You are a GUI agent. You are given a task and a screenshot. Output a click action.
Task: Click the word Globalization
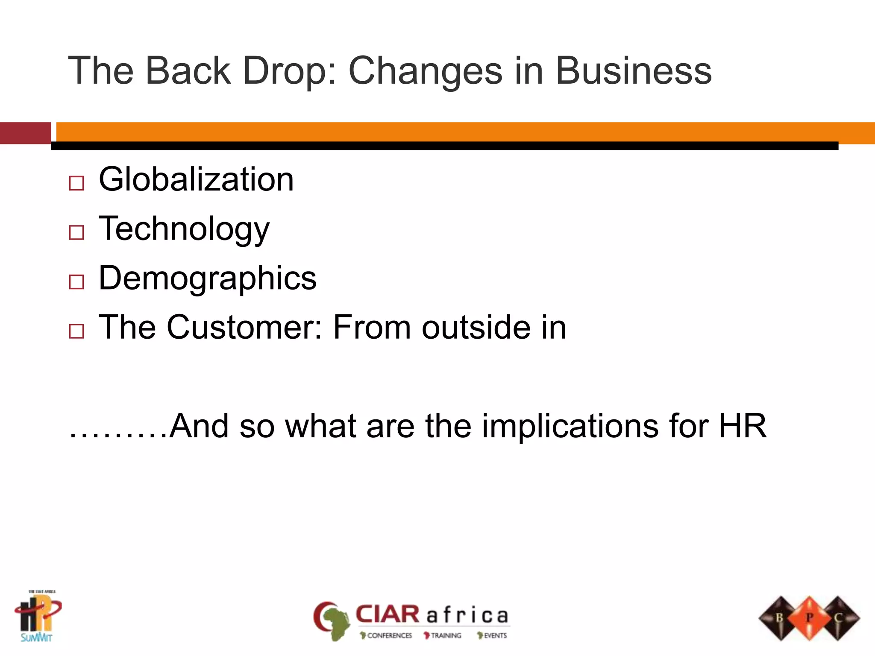pyautogui.click(x=196, y=179)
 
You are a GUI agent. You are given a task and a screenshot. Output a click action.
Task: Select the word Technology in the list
pyautogui.click(x=184, y=229)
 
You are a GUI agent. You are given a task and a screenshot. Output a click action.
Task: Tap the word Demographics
pyautogui.click(x=208, y=278)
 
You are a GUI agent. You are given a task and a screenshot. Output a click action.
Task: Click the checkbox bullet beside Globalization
pyautogui.click(x=76, y=183)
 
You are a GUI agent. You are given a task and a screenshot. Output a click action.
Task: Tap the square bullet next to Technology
pyautogui.click(x=76, y=233)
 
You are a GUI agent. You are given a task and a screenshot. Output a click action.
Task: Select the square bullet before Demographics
pyautogui.click(x=76, y=282)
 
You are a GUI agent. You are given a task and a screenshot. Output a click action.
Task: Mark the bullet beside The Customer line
pyautogui.click(x=76, y=331)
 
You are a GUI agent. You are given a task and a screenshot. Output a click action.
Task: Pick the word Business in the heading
pyautogui.click(x=634, y=71)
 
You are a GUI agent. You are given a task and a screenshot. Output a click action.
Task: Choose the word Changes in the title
pyautogui.click(x=426, y=71)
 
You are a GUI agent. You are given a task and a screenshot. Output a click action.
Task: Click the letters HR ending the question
pyautogui.click(x=743, y=426)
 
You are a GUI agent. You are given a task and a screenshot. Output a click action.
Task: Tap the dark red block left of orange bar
pyautogui.click(x=25, y=133)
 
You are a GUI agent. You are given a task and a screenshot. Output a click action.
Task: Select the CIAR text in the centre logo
pyautogui.click(x=388, y=615)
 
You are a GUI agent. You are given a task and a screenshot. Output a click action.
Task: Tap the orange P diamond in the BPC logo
pyautogui.click(x=809, y=618)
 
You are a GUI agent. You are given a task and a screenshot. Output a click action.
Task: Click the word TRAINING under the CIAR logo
pyautogui.click(x=446, y=635)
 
